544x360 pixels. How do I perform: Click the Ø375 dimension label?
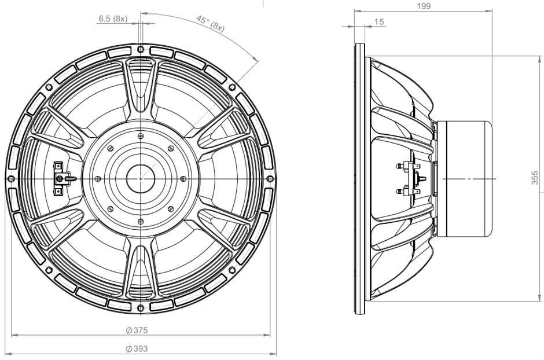point(137,330)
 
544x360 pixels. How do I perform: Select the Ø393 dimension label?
point(137,348)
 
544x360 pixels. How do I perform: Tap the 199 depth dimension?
point(424,6)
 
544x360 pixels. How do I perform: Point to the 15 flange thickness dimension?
point(379,22)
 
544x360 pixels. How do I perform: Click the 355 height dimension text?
point(535,177)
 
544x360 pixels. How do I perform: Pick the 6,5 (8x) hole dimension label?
point(113,19)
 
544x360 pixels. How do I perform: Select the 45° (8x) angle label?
point(210,23)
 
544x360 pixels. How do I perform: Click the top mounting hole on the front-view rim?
point(141,49)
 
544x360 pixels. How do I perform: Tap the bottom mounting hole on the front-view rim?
point(141,308)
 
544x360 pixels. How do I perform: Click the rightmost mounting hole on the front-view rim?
point(270,179)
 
